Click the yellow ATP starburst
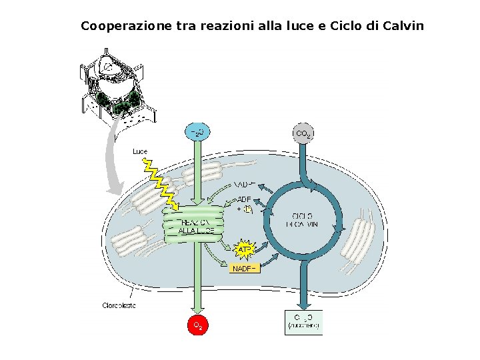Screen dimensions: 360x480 pyautogui.click(x=245, y=249)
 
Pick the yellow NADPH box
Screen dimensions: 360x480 pyautogui.click(x=244, y=268)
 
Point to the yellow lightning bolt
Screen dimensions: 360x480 pyautogui.click(x=161, y=183)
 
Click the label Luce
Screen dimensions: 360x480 pyautogui.click(x=140, y=152)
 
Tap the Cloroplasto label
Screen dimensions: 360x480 pyautogui.click(x=119, y=305)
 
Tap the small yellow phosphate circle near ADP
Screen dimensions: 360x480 pyautogui.click(x=247, y=209)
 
